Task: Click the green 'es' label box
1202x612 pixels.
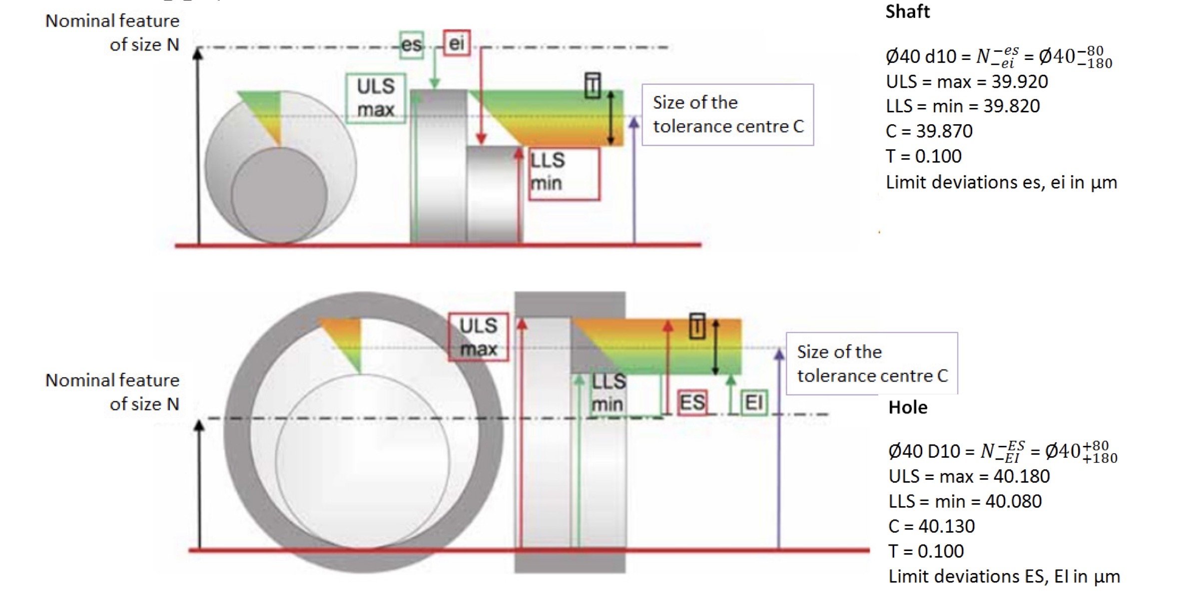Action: coord(412,45)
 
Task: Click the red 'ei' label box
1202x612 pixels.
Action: coord(457,43)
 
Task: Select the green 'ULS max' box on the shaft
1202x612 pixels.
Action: coord(376,98)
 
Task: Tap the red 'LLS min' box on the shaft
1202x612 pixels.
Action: coord(564,173)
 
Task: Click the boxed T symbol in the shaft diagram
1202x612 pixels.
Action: coord(593,86)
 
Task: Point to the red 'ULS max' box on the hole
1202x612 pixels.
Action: coord(478,337)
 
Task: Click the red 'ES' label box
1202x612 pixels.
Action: coord(692,403)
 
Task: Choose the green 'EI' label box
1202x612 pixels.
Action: coord(753,403)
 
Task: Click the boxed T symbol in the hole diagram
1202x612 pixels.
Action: coord(697,326)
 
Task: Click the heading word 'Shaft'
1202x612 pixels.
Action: coord(907,11)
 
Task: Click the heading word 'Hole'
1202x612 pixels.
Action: coord(908,407)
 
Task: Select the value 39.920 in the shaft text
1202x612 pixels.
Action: coord(1019,81)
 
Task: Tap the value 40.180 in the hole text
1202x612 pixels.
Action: coord(1021,476)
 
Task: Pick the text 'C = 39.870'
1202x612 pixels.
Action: coord(929,131)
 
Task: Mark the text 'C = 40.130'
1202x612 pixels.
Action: coord(931,526)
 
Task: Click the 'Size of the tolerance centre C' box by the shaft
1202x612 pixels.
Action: coord(727,115)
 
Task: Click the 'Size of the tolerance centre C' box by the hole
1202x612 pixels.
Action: coord(872,364)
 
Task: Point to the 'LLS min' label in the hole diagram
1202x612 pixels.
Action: coord(607,393)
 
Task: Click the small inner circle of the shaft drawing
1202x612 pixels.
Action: coord(279,195)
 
